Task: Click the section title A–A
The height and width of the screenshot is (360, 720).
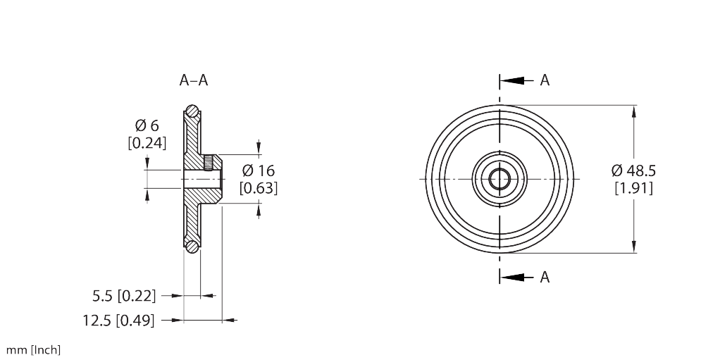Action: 194,81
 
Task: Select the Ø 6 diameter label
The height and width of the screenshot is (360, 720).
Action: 147,126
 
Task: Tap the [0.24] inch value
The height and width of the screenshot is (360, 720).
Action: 147,143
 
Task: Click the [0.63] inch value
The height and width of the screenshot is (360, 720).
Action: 259,188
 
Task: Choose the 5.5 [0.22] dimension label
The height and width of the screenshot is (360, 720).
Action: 124,295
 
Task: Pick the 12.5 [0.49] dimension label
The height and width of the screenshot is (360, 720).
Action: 118,321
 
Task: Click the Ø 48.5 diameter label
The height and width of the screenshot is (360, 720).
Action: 633,171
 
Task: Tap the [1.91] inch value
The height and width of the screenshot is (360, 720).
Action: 633,188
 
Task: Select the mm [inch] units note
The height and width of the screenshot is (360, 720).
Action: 34,350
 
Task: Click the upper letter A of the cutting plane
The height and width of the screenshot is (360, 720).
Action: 545,81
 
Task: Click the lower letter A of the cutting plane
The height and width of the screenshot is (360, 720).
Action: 545,278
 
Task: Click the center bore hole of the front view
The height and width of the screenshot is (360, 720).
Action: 499,179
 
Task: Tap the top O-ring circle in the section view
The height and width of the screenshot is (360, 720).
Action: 192,111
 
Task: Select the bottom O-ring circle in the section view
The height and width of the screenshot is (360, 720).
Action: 192,246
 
